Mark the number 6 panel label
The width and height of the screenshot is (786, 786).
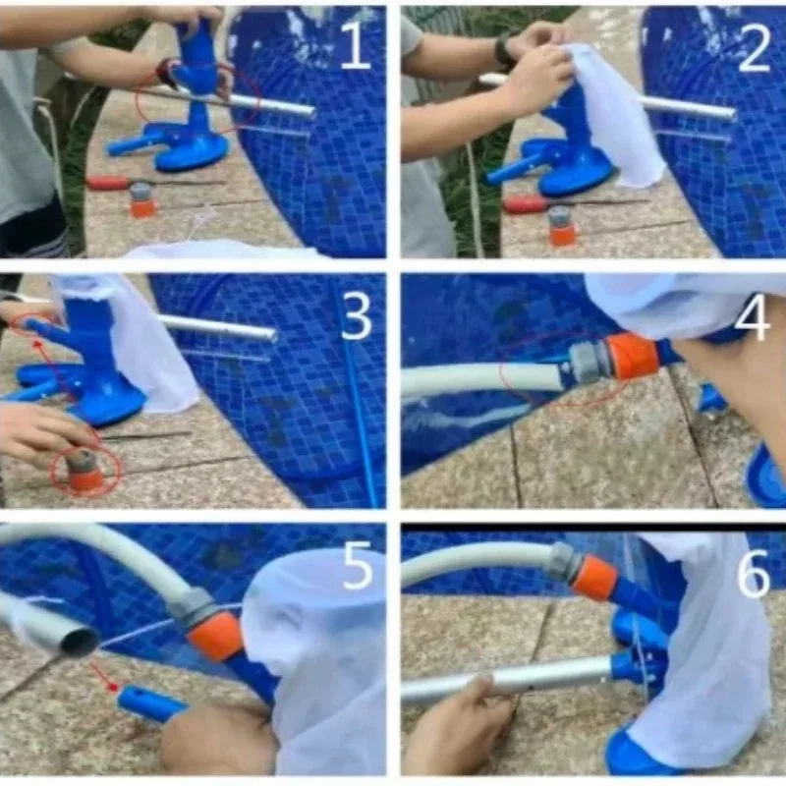754,575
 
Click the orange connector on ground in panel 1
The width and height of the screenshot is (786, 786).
142,200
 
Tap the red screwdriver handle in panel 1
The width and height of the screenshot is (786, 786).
107,183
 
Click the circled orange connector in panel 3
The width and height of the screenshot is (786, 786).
86,472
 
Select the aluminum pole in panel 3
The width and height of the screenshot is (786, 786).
216,327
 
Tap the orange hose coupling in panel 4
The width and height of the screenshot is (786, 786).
631,356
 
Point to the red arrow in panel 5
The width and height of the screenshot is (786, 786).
105,678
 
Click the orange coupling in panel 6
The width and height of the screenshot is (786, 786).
594,578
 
